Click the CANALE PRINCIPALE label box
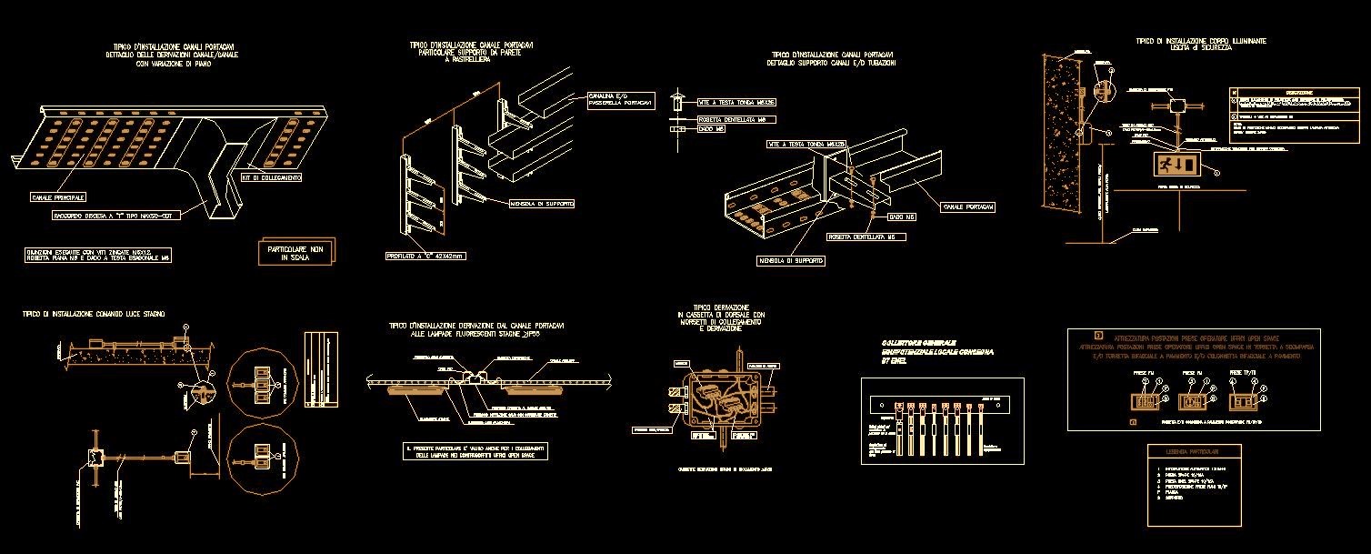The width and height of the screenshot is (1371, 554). coord(59,196)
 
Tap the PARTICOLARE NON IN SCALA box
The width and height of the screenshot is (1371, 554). coord(296,252)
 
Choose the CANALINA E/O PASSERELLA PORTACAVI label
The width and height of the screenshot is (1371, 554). coord(620,97)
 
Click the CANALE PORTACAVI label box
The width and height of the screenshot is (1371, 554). coord(968,207)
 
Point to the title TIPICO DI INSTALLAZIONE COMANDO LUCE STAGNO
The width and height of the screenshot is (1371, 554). coord(94,314)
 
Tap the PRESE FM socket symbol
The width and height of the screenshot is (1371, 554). coord(1143,401)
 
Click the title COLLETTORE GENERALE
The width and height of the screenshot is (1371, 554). coord(918,342)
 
